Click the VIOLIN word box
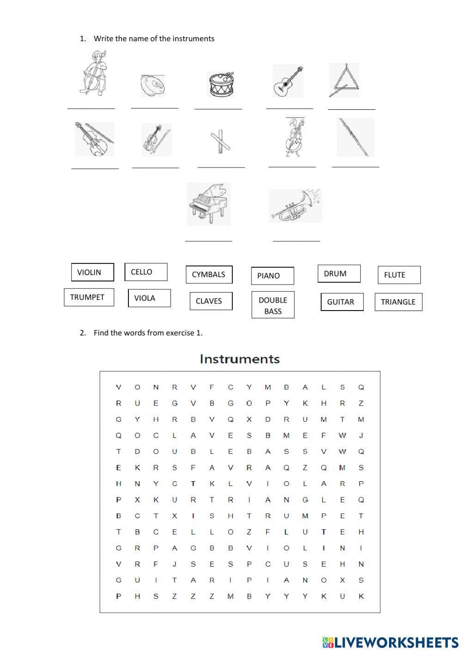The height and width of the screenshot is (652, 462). click(x=92, y=272)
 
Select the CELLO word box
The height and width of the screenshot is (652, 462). click(x=146, y=272)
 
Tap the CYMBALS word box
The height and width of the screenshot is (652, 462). click(x=209, y=275)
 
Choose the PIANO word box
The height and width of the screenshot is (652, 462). click(x=272, y=276)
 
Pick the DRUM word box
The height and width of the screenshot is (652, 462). click(x=339, y=274)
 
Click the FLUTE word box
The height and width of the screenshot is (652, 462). click(x=399, y=275)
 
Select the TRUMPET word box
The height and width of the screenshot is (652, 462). click(x=89, y=297)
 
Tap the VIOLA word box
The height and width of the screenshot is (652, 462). click(x=149, y=298)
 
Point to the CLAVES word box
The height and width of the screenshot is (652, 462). click(x=211, y=301)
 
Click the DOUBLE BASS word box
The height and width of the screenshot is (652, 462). click(x=273, y=305)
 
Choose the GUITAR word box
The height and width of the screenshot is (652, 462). click(x=342, y=302)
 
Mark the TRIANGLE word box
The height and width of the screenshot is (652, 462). click(x=398, y=302)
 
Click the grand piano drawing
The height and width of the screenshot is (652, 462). click(x=208, y=204)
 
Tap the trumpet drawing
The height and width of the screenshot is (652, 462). click(x=295, y=206)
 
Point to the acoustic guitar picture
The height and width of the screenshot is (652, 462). click(x=288, y=81)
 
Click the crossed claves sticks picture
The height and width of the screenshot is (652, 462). click(x=220, y=140)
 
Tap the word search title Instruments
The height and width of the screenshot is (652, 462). click(x=240, y=359)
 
